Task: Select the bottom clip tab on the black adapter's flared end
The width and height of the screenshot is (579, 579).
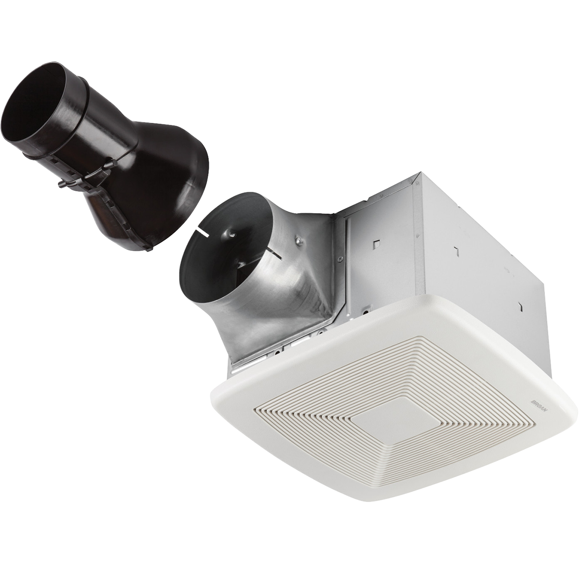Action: [x=149, y=247]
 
